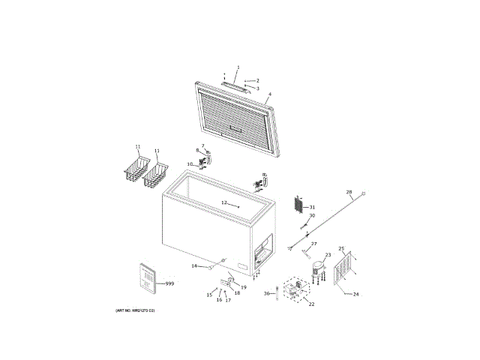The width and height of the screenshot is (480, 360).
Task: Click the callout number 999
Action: coord(169,283)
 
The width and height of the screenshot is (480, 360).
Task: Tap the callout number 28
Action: coord(349,192)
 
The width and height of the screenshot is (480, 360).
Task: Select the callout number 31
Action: coord(313,207)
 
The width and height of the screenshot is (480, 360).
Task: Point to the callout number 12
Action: coord(223,202)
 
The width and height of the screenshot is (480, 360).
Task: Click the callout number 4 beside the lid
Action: coord(269,94)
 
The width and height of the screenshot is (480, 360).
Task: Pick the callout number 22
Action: coord(311,304)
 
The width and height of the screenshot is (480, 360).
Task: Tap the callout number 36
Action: coord(266,293)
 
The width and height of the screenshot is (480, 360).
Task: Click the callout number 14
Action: coord(193,266)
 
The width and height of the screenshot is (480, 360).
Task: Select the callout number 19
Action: coord(244,287)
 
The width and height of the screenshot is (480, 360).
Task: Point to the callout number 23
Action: coord(328,255)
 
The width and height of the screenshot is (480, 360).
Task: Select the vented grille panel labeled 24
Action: coord(344,268)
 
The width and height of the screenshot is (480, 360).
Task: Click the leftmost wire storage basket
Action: coord(134,170)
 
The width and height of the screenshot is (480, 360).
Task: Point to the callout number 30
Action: coord(312,216)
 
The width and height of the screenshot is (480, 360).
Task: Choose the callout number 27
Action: coord(314,244)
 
